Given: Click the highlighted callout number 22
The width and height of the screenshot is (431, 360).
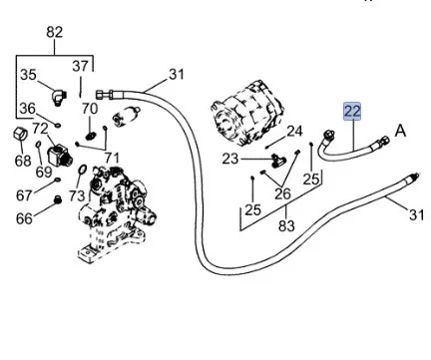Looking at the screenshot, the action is coord(352,111).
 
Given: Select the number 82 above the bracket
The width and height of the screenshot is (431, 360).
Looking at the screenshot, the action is coord(55,32).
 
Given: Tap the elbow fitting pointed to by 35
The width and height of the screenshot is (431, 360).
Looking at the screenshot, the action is coord(59,97).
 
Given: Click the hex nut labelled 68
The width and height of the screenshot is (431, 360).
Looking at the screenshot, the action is coord(20,135).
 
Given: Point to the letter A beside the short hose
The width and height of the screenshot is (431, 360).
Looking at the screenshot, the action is coord(400,131).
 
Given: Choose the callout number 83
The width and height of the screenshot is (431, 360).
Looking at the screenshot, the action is coord(286,226).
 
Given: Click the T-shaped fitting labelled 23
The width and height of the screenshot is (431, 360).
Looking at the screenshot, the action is coord(277,161).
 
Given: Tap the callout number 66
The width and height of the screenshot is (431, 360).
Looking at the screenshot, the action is coord(24,218).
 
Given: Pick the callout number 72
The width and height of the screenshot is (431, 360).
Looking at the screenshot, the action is coord(40,129).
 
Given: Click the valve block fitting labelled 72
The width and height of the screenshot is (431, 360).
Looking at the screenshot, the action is coord(60,156).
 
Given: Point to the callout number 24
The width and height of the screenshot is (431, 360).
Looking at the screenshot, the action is coord(294,132).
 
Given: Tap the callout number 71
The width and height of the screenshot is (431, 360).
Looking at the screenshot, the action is coord(112,158).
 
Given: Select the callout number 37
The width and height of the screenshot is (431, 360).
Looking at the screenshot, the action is coord(81,67).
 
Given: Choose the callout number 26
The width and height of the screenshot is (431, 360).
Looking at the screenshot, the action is coord(282,193).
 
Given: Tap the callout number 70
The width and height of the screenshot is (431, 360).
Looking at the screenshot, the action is coord(90,109).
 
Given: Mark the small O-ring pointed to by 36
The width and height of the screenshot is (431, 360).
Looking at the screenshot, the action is coord(58,126).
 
